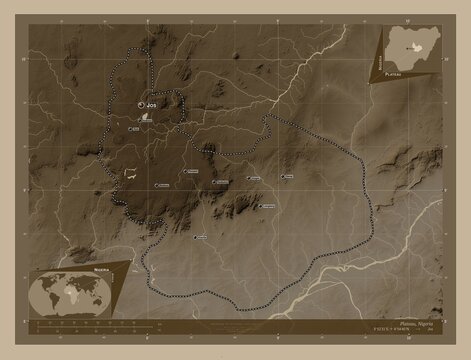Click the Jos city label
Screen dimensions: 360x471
click(152, 103)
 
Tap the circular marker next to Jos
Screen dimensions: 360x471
click(141, 103)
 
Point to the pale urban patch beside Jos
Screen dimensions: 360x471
click(148, 116)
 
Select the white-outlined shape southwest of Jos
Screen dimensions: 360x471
click(130, 172)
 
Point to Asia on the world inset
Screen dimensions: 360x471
click(96, 286)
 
